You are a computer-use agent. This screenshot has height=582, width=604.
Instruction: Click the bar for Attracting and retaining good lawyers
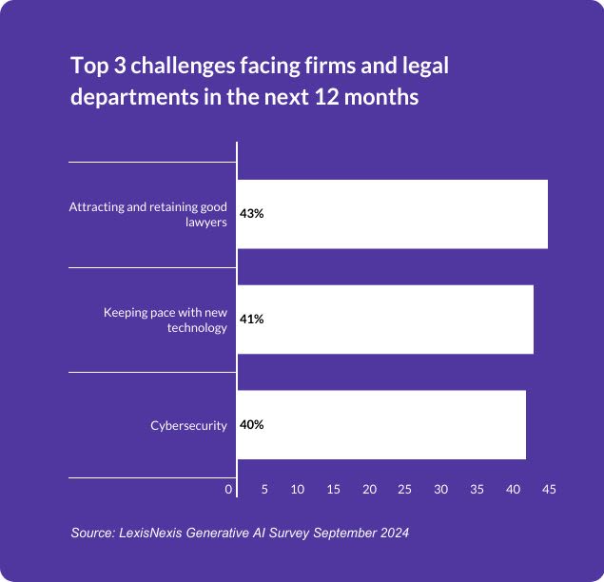coord(392,214)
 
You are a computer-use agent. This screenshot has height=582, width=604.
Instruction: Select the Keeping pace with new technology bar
coord(385,320)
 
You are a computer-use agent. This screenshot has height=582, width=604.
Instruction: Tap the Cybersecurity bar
coord(381,425)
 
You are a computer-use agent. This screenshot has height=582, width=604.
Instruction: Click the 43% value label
coord(252,214)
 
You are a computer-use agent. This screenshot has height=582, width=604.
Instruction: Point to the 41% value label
coord(252,320)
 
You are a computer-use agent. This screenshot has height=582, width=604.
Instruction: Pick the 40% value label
coord(252,425)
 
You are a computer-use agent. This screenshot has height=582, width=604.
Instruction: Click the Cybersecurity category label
coord(188,425)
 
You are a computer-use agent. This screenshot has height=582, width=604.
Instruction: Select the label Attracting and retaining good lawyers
coord(148,214)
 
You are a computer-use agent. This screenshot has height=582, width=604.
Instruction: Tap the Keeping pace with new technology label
coord(166,320)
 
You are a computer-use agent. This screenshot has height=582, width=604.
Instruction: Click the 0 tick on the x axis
coord(228,489)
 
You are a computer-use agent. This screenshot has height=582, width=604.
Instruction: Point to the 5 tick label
coord(264,489)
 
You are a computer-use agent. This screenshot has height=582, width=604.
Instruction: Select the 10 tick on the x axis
coord(298,489)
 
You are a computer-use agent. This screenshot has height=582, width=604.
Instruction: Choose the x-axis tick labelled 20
coord(369,489)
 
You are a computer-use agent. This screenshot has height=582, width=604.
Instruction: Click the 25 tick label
coord(405,489)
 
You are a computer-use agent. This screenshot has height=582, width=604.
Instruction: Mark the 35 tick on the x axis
coord(477,489)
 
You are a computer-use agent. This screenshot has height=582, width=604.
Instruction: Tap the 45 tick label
coord(549,489)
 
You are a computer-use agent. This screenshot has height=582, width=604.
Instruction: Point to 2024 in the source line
coord(394,533)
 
